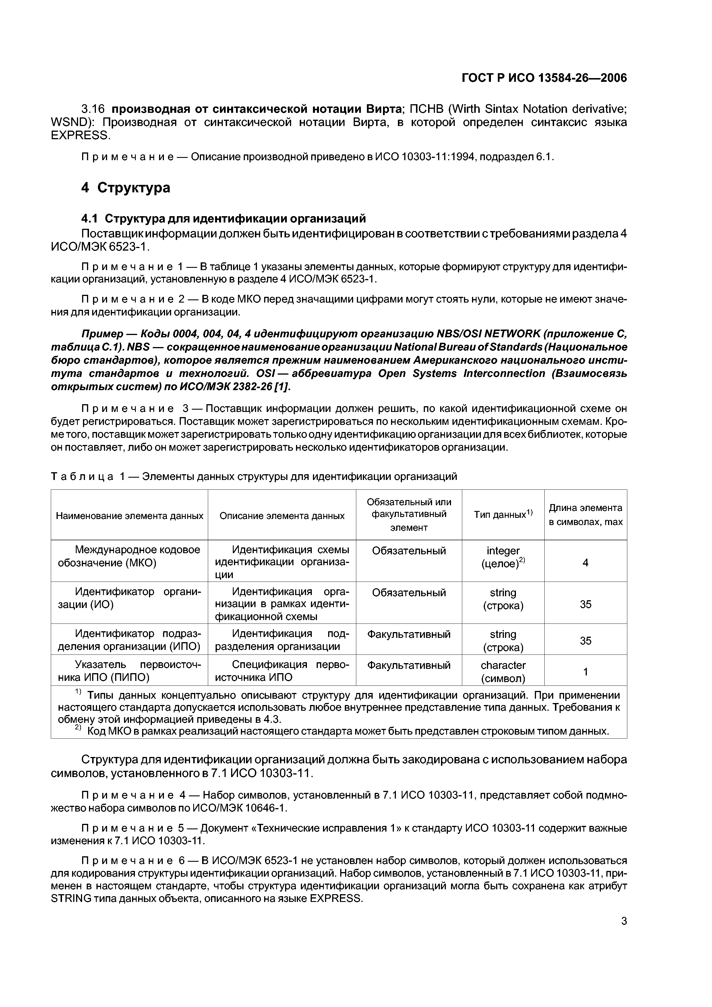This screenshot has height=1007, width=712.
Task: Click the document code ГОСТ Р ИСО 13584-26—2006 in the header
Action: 544,78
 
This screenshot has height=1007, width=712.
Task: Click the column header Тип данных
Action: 503,514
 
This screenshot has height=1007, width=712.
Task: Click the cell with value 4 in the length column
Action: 585,562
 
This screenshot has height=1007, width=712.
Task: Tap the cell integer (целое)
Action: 503,557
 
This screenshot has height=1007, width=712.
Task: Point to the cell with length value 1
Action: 585,671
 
